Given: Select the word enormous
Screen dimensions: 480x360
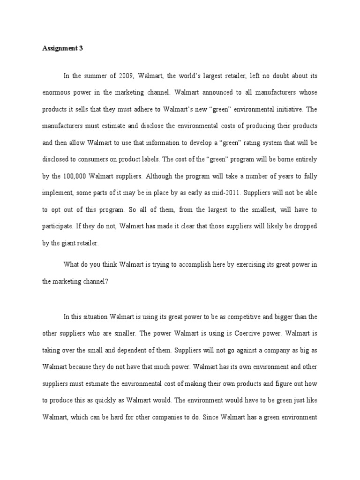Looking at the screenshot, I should coord(55,92).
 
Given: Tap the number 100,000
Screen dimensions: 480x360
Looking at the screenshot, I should coord(77,176).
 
